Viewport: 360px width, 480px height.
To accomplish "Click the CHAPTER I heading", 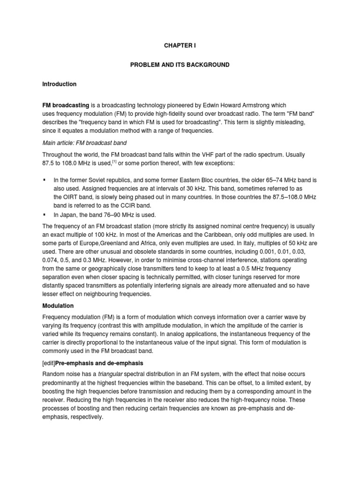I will (180, 46).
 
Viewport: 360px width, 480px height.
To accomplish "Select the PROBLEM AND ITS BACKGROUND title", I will (180, 65).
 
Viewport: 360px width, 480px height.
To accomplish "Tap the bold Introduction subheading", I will (59, 84).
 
